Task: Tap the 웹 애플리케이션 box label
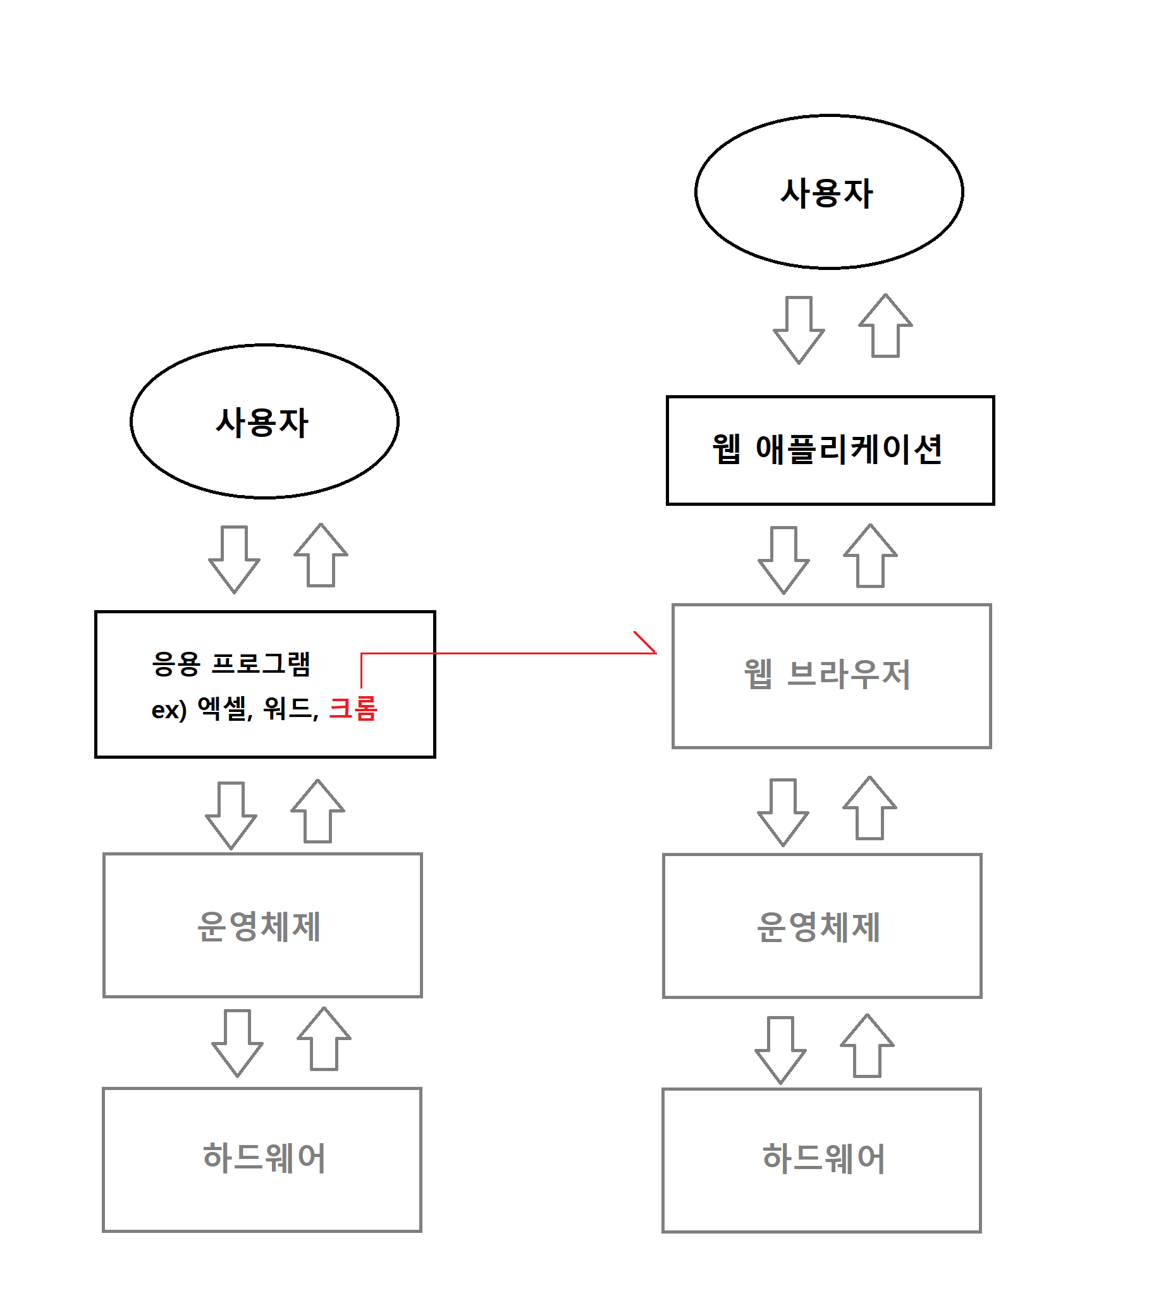tap(827, 449)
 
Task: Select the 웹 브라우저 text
tap(827, 674)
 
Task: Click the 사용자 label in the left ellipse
tap(262, 422)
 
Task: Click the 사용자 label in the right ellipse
tap(827, 193)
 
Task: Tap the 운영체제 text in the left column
tap(259, 926)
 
